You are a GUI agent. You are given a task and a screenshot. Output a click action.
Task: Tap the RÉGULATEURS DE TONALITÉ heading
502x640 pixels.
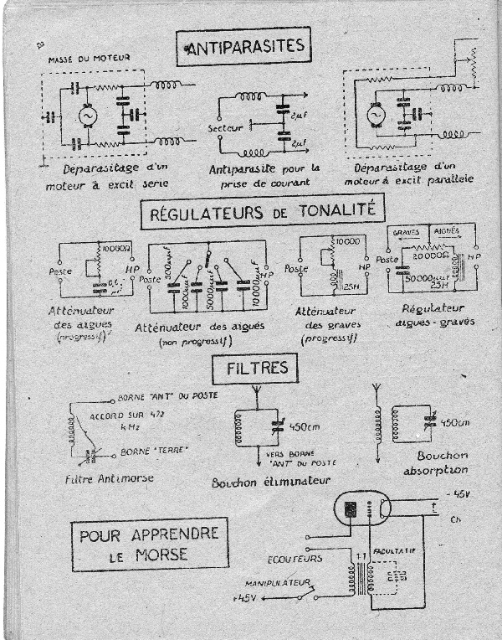click(256, 211)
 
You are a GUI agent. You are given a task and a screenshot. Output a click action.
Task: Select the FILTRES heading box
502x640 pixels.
click(254, 367)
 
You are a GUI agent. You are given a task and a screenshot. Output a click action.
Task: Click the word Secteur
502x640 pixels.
click(225, 127)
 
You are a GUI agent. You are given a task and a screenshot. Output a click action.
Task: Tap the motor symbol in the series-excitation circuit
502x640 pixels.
click(86, 116)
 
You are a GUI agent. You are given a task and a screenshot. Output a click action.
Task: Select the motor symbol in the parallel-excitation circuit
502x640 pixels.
click(374, 113)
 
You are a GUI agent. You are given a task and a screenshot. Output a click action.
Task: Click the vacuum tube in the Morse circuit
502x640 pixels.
click(366, 509)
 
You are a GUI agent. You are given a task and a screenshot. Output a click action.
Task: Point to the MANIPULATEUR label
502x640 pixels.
click(278, 581)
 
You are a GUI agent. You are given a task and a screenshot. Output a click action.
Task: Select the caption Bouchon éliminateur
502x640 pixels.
click(284, 482)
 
